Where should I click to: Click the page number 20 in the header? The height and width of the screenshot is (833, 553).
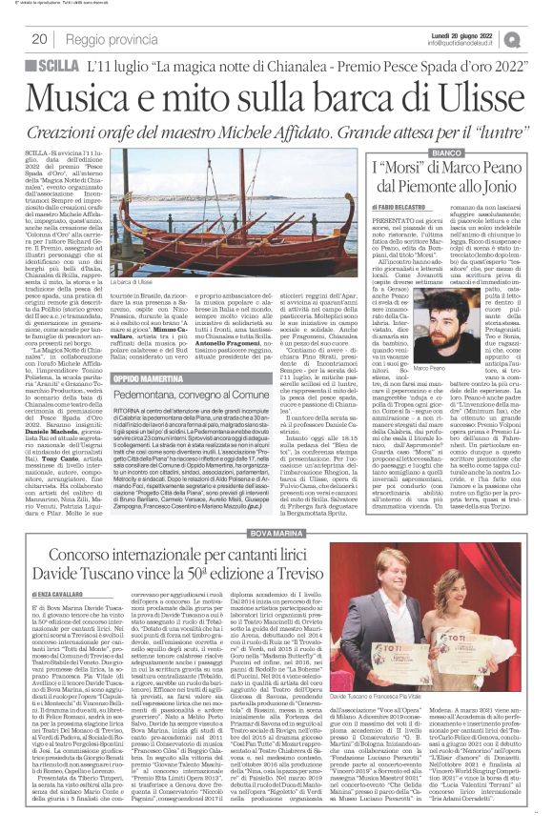(x=40, y=39)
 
